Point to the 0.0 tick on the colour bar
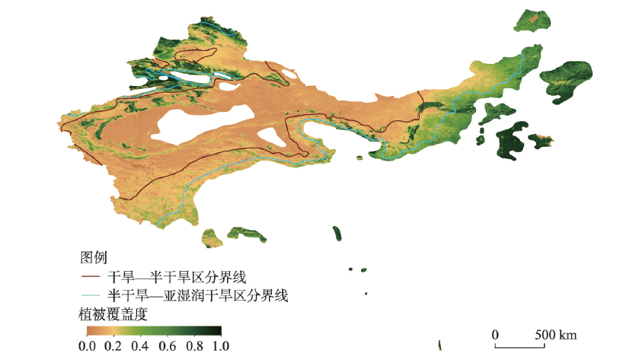click(x=88, y=345)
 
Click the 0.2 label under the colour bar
click(x=113, y=345)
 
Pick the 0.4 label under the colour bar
click(x=140, y=345)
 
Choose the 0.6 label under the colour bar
click(x=167, y=345)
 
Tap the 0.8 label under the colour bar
click(x=193, y=345)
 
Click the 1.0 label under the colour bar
click(x=219, y=345)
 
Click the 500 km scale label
click(x=555, y=335)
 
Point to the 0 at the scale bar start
click(x=494, y=335)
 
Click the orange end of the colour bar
click(x=90, y=330)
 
